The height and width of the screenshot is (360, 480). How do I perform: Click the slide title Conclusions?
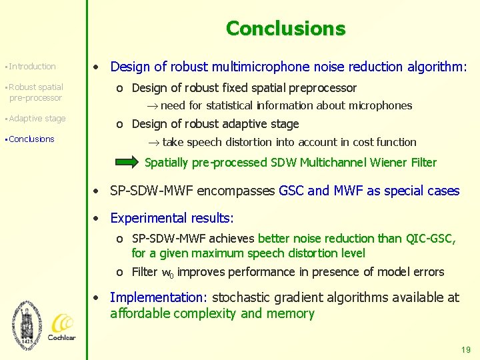coord(285,29)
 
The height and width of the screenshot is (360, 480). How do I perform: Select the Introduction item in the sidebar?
coord(32,67)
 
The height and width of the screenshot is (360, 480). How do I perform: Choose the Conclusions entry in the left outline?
coord(31,139)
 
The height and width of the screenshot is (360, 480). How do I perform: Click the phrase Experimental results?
coord(172,218)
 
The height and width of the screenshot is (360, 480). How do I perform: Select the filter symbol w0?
coord(168,273)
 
